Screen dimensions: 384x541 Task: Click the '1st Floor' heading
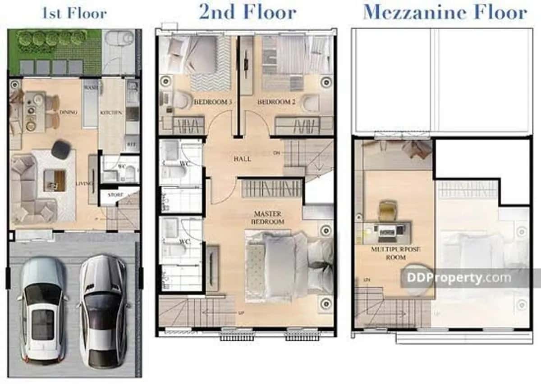[74, 13]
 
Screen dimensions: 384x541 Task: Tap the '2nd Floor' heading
[248, 12]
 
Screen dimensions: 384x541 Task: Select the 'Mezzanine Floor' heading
[445, 12]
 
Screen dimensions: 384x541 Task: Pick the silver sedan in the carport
[103, 311]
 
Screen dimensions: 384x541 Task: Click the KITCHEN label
[111, 113]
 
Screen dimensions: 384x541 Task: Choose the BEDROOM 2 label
[276, 102]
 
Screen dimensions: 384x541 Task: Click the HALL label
[243, 159]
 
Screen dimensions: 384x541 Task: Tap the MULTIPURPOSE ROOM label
[388, 253]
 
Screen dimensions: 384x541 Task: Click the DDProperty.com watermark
[458, 278]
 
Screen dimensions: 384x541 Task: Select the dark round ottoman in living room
[61, 149]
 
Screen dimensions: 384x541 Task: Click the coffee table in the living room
[55, 180]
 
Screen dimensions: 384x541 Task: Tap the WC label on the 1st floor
[121, 166]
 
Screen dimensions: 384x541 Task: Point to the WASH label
[91, 87]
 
